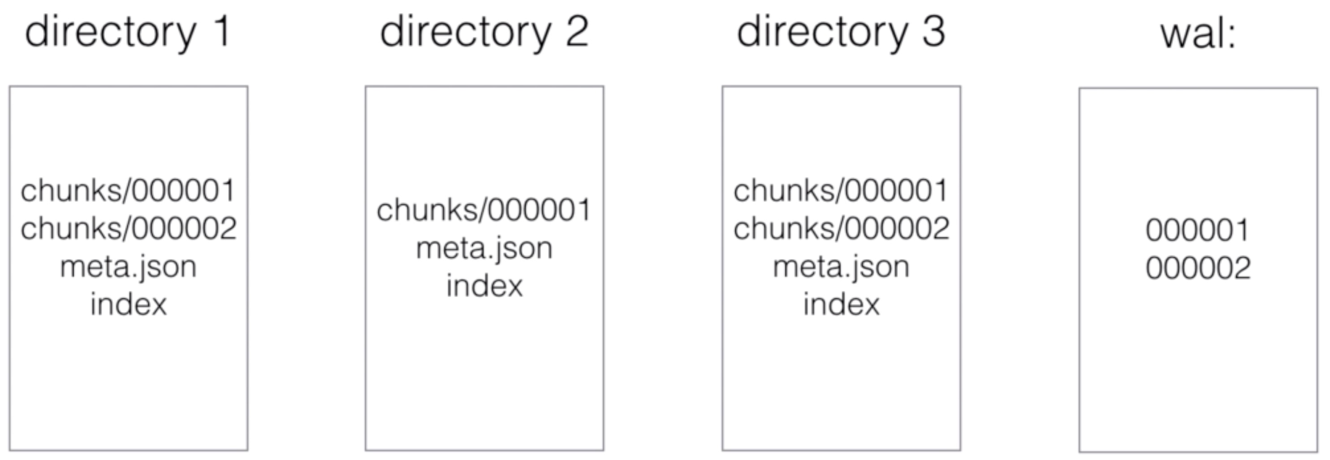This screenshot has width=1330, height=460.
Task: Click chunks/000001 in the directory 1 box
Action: click(x=128, y=190)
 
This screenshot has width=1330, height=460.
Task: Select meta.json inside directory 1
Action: click(x=129, y=267)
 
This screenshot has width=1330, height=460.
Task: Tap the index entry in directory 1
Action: click(x=129, y=304)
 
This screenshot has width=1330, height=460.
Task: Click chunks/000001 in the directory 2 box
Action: click(x=484, y=209)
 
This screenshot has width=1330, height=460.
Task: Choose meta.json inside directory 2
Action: click(x=484, y=249)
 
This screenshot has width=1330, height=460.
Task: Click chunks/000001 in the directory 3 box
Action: click(x=841, y=190)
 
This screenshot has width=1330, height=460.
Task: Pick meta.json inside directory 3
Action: click(x=842, y=267)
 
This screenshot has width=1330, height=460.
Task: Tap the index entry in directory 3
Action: click(x=842, y=304)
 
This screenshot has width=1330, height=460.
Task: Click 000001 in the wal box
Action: click(x=1198, y=230)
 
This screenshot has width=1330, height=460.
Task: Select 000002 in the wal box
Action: click(x=1198, y=268)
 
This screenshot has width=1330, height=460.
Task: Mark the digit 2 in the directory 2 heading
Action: click(x=578, y=32)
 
